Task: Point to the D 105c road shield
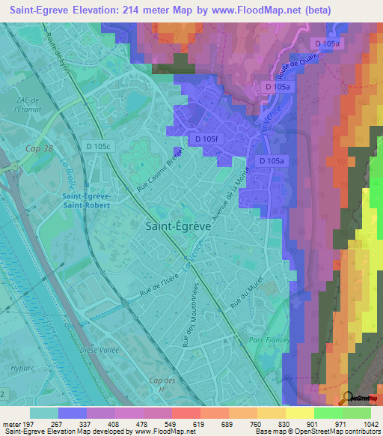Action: [97, 146]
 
